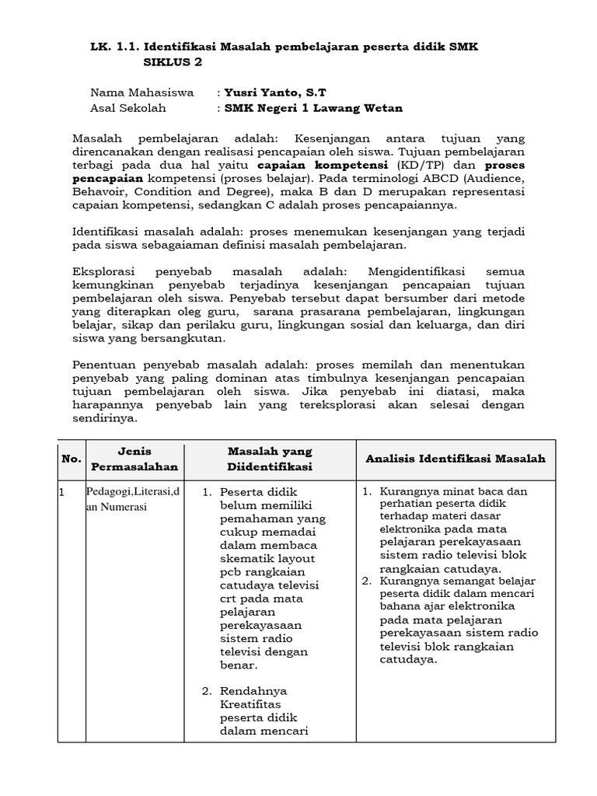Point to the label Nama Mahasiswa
point(142,93)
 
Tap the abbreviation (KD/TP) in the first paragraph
point(421,166)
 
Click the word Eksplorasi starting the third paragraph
point(105,271)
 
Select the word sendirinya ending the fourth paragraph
point(104,417)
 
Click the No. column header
point(71,459)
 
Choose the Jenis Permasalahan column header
point(134,459)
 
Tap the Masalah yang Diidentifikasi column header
point(270,459)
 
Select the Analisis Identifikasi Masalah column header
point(456,459)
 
